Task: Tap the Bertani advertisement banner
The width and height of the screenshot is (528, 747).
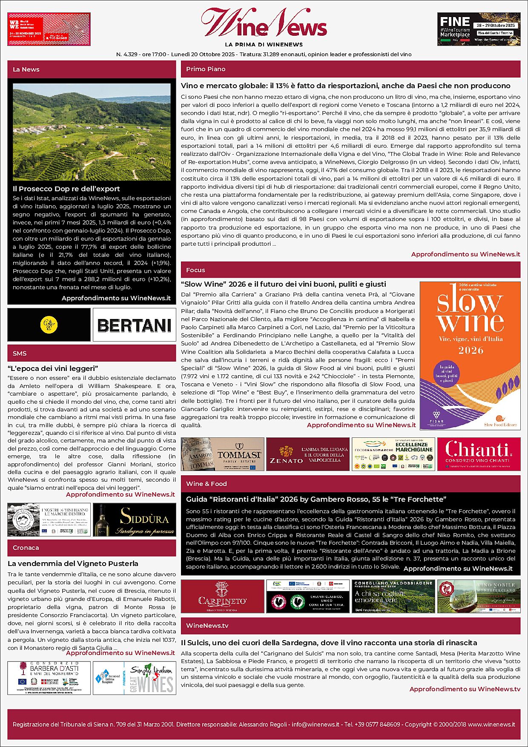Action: coord(134,325)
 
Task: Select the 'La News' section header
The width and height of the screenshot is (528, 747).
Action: coord(26,69)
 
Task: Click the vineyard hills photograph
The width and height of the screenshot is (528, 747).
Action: coord(92,132)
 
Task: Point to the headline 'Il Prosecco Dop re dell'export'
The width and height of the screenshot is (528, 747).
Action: coord(66,189)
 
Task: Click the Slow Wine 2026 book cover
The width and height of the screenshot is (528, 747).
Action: coord(470,356)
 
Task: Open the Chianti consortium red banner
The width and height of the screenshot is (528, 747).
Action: coord(479,454)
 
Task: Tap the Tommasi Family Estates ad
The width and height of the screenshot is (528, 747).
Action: coord(222,454)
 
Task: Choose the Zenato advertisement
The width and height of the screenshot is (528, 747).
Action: coord(307,454)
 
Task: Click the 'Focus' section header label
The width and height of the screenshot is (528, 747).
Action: coord(195,270)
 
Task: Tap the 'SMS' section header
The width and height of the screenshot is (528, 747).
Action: coord(20,353)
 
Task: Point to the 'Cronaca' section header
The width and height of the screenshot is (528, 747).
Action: coord(26,548)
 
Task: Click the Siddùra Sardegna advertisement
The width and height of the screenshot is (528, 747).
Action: coord(134,520)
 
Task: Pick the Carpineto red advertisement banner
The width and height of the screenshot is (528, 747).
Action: coord(222,596)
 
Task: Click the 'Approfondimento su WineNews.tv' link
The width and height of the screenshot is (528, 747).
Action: coord(465,689)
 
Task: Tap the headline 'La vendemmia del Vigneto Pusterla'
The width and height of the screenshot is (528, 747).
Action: coord(73,563)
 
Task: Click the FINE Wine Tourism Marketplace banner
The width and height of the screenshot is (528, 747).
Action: coord(479,29)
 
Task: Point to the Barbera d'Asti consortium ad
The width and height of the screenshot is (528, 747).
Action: coord(49,678)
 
